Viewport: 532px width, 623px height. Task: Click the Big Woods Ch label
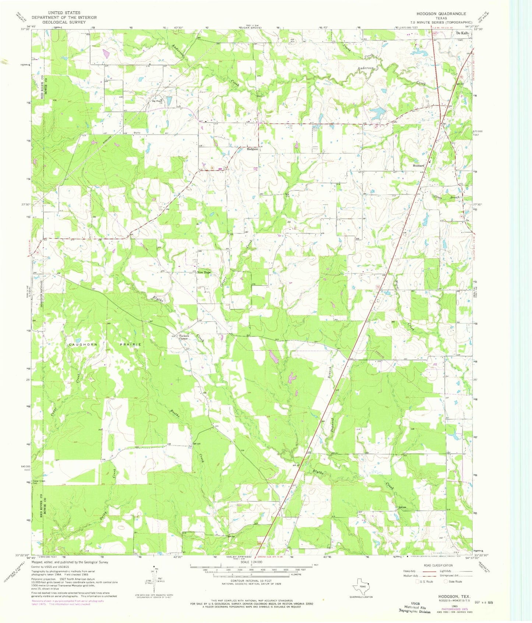click(x=158, y=102)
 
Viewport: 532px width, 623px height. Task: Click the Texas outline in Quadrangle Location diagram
click(x=361, y=584)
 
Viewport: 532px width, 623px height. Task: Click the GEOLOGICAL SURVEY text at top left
click(x=64, y=22)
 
